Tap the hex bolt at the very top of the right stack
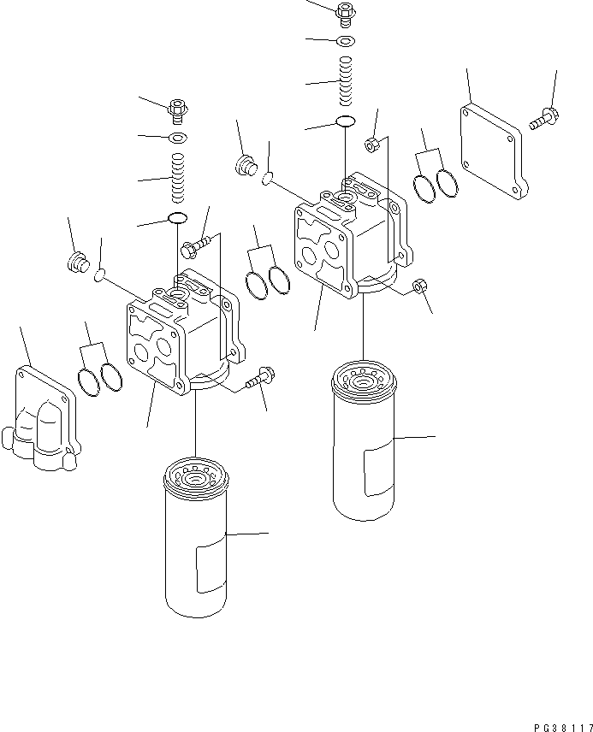tap(346, 13)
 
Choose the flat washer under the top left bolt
tap(178, 138)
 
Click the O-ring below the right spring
tap(346, 121)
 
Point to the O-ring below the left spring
tap(178, 219)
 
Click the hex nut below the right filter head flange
tap(419, 286)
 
